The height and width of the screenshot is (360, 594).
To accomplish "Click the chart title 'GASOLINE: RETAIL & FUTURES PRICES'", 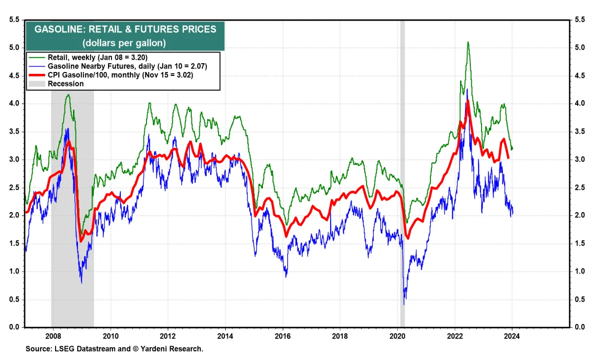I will click(125, 29).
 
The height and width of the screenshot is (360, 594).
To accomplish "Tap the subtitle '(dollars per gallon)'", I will click(125, 43).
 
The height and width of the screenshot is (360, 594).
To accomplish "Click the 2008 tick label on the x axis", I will click(53, 335).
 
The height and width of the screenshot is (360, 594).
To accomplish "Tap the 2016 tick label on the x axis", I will click(282, 335).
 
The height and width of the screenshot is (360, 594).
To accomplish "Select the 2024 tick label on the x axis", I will click(512, 335).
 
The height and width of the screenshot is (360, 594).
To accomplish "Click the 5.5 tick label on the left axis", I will click(14, 20).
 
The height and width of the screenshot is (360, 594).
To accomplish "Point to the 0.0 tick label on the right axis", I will click(579, 327).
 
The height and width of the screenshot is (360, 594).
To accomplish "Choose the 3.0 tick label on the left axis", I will click(14, 160).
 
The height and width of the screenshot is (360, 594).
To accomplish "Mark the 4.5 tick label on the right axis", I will click(579, 76).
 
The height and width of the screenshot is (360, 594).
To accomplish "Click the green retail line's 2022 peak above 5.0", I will click(468, 42).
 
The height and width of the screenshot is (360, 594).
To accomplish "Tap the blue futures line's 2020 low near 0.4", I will click(404, 304).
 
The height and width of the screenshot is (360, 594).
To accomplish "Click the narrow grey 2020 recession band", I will click(402, 195).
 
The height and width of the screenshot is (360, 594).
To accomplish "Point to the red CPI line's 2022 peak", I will click(467, 101).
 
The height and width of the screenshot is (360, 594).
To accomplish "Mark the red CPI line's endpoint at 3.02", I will click(508, 158).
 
